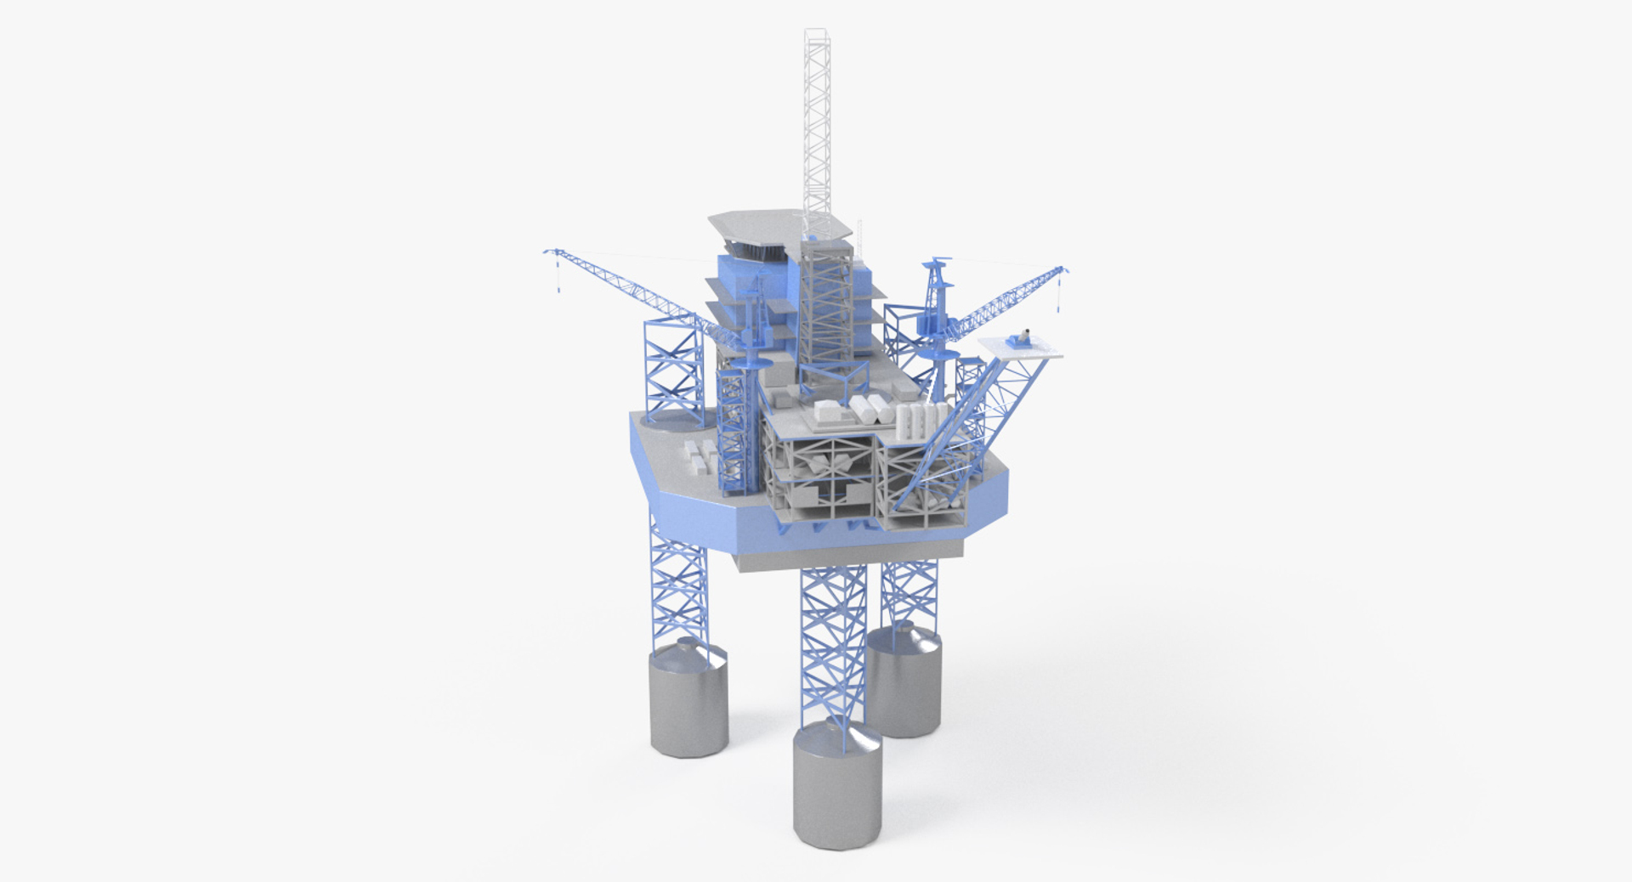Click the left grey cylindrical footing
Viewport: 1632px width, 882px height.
[x=688, y=701]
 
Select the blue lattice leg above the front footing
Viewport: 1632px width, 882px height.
[x=833, y=646]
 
